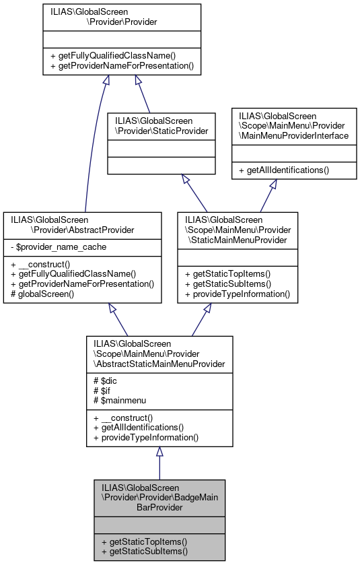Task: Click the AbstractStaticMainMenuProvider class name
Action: [159, 354]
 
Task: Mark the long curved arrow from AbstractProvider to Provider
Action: [92, 148]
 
